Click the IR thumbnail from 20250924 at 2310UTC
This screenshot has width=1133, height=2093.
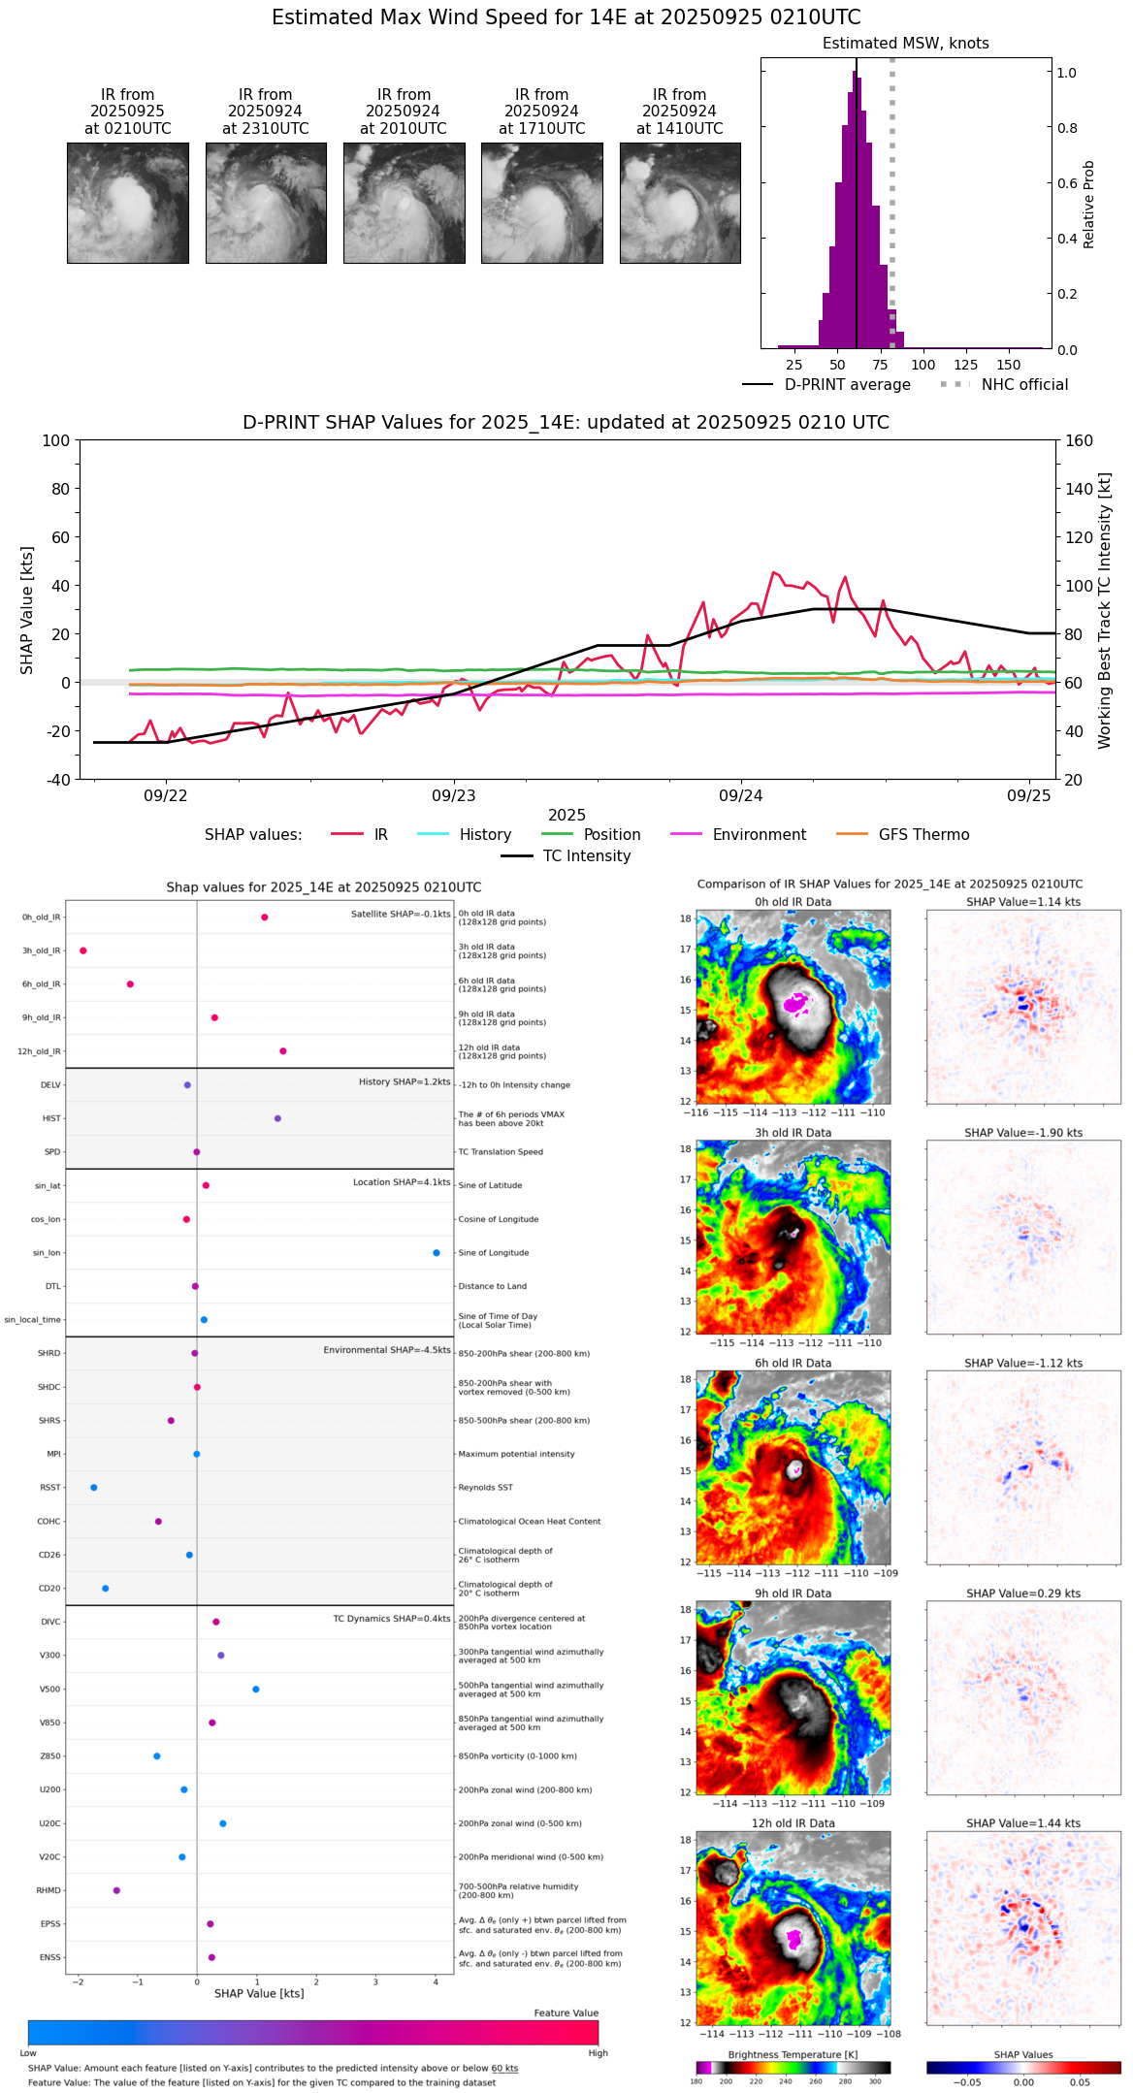tap(266, 203)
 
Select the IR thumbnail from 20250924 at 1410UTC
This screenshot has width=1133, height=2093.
tap(680, 203)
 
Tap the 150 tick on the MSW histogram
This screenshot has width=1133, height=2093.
tap(1009, 365)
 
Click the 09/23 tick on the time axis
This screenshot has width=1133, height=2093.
tap(454, 795)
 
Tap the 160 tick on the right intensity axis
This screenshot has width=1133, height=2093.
tap(1080, 440)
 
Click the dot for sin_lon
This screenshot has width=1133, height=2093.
tap(437, 1253)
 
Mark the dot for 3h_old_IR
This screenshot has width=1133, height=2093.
tap(83, 950)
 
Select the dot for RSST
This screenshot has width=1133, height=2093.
tap(94, 1488)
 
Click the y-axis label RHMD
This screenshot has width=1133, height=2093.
tap(49, 1890)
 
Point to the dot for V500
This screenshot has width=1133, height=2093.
tap(256, 1690)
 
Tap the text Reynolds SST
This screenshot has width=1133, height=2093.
tap(485, 1488)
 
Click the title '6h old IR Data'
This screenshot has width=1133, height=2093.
tap(793, 1363)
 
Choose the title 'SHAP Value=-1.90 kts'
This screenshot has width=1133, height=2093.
tap(1023, 1133)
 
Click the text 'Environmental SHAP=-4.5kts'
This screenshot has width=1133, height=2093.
tap(387, 1350)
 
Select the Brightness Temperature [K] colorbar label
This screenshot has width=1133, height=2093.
tap(793, 2054)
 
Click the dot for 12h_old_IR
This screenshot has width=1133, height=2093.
tap(283, 1051)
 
